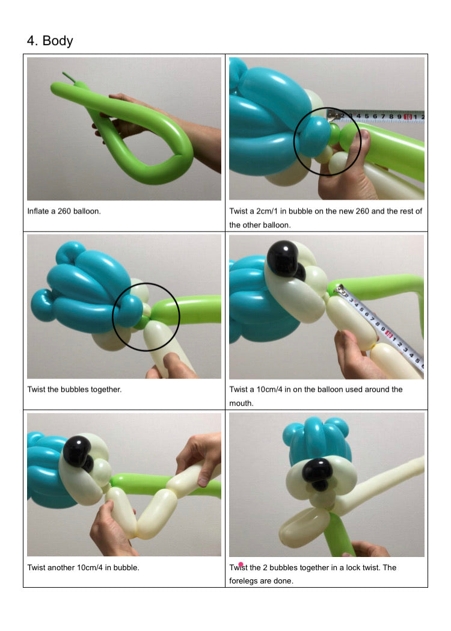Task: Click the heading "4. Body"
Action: [x=50, y=41]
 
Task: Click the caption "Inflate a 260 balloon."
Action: [x=64, y=211]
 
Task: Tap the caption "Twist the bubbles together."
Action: [x=75, y=390]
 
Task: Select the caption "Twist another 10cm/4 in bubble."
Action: [x=83, y=568]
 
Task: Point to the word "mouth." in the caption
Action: [x=241, y=403]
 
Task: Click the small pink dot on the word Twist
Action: [x=241, y=565]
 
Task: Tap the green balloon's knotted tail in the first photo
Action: [x=69, y=77]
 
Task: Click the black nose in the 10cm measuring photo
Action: [x=285, y=260]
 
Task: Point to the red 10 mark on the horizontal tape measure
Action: [x=408, y=117]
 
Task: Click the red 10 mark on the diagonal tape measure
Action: [x=388, y=333]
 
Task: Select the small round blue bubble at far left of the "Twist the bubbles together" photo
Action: [x=43, y=305]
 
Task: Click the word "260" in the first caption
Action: [x=64, y=211]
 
